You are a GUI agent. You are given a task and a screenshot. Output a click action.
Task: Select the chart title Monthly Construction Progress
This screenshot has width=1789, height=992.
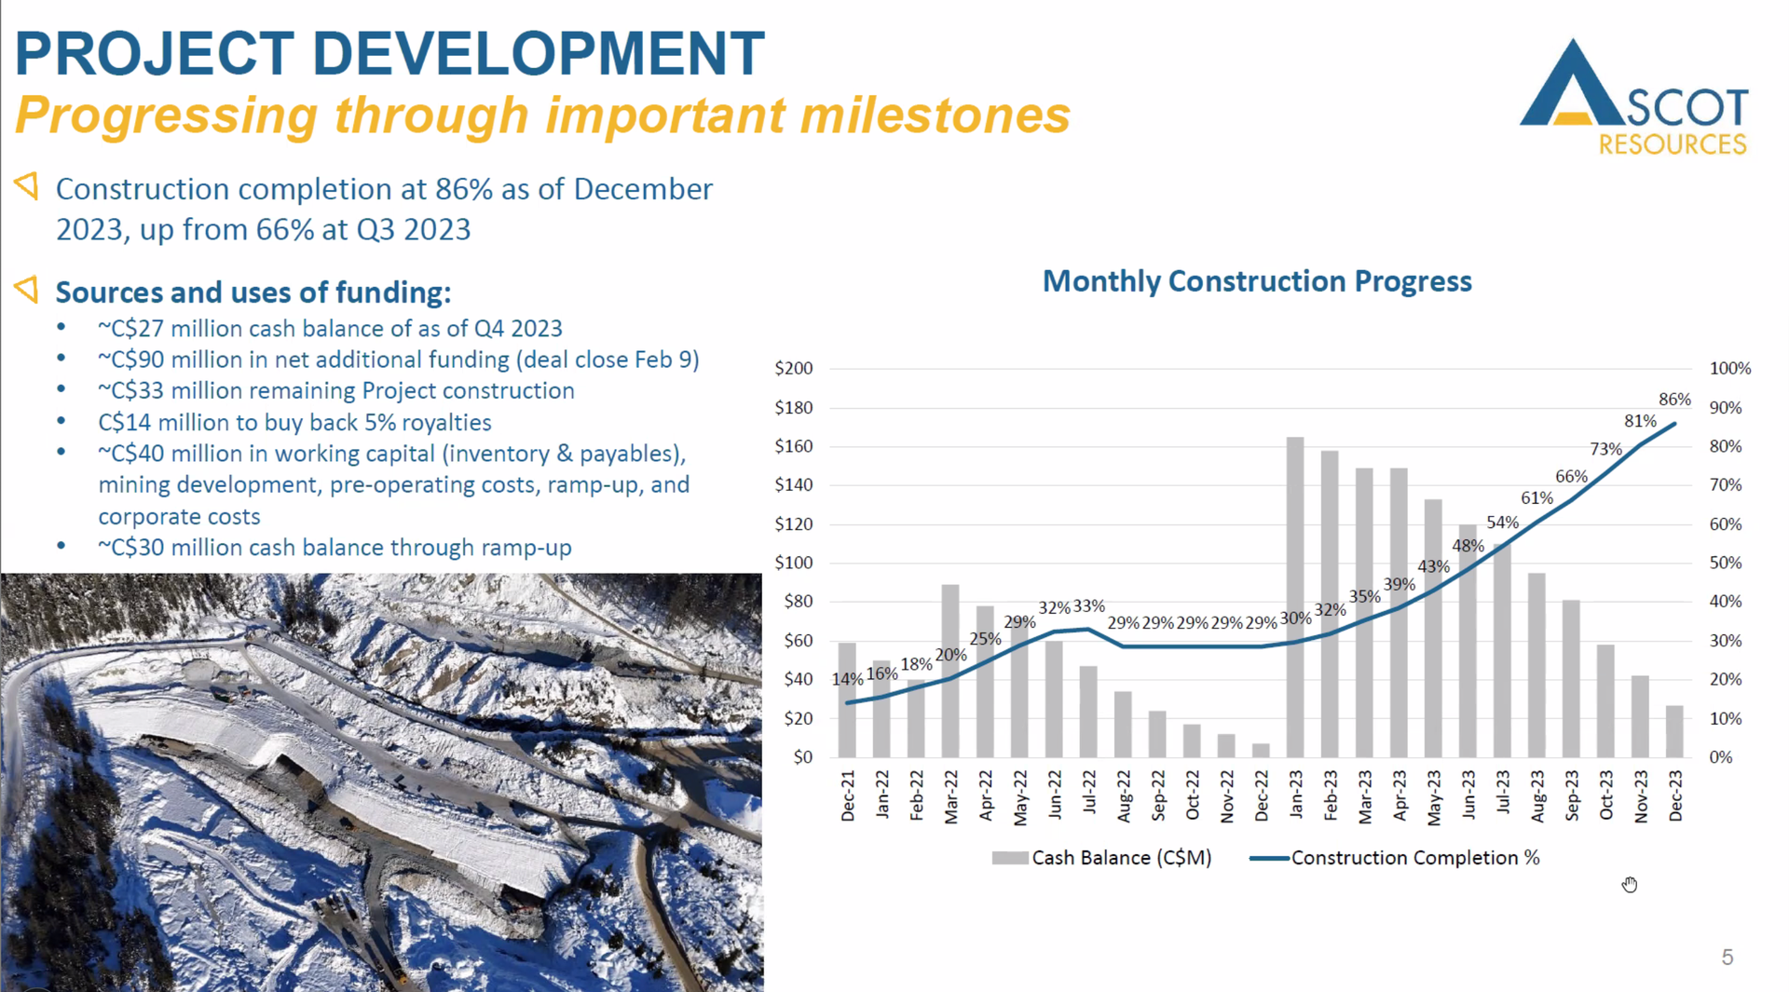[1256, 281]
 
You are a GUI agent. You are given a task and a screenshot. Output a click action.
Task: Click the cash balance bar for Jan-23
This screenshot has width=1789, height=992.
[1295, 596]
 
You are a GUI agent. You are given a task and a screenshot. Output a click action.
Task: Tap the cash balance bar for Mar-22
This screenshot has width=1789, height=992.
[950, 671]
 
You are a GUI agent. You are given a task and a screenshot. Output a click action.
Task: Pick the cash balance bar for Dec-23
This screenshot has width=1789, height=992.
[1674, 731]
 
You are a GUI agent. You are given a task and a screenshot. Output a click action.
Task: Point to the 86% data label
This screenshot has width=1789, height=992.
[1674, 400]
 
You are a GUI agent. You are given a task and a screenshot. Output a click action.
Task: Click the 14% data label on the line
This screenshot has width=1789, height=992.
[847, 679]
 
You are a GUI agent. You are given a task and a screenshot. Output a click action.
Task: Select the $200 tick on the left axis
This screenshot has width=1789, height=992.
[794, 368]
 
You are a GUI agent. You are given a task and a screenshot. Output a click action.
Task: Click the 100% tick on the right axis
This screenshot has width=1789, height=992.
[1730, 368]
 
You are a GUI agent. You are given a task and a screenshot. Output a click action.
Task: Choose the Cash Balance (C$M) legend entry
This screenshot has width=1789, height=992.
[1102, 858]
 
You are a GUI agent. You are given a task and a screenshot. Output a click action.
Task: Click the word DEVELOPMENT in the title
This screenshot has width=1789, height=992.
[538, 53]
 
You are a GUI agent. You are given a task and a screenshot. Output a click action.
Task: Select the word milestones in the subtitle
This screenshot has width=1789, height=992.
[935, 116]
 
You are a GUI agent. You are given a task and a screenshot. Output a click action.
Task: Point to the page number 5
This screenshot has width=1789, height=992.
[1728, 958]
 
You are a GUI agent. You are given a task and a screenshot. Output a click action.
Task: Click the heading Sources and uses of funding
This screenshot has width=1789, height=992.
[253, 292]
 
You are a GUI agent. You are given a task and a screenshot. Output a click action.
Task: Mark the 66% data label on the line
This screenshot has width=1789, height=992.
[1571, 476]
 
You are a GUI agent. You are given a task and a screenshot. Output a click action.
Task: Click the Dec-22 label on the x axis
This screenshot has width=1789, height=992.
[1262, 795]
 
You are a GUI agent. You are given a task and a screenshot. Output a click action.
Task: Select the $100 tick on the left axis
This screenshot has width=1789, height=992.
[794, 563]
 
